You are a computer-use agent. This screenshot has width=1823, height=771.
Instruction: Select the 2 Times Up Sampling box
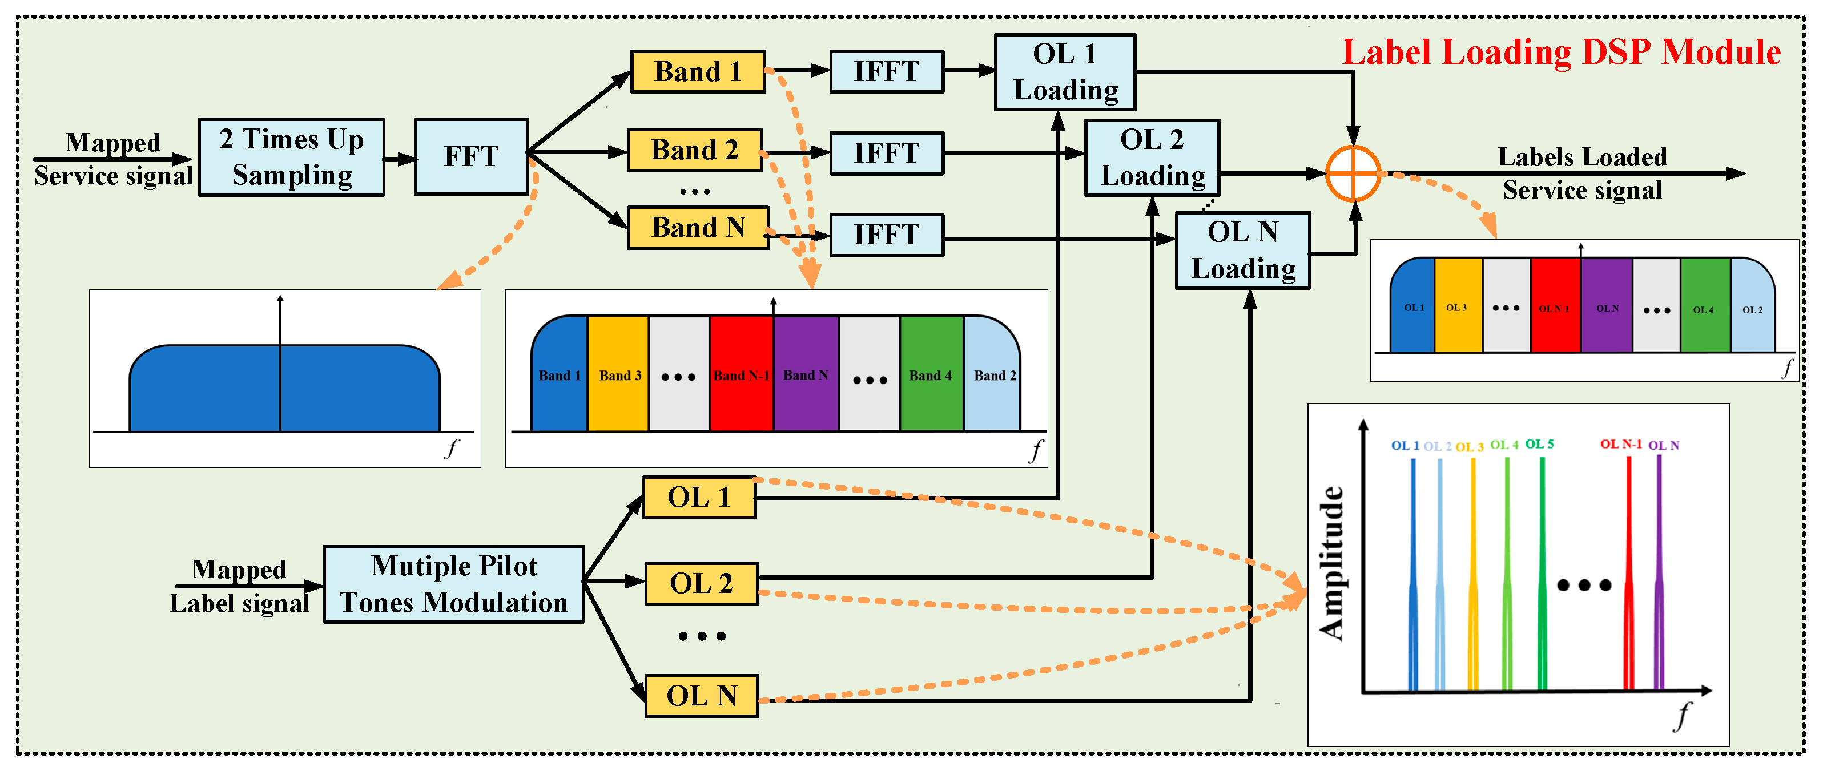(x=292, y=157)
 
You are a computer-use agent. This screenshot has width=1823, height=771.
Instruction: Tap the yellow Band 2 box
(x=694, y=150)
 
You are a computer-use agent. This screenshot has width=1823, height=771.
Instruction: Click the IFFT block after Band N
(x=886, y=235)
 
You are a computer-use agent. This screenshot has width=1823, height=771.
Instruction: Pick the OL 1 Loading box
(x=1064, y=72)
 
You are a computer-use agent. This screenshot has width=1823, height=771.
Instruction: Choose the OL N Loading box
(x=1243, y=251)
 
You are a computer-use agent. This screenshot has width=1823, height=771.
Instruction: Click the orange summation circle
(x=1353, y=174)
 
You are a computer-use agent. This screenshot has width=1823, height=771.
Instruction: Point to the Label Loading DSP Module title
(x=1561, y=53)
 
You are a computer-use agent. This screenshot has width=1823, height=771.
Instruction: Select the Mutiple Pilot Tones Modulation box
(x=454, y=584)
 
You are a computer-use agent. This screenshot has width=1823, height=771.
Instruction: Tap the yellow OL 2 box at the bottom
(x=701, y=584)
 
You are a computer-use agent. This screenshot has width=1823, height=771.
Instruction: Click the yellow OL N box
(x=701, y=696)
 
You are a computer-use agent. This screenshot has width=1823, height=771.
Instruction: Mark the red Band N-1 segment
(x=741, y=375)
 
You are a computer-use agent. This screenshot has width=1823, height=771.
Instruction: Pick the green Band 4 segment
(x=931, y=375)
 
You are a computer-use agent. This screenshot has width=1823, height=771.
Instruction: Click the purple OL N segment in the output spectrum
(x=1607, y=308)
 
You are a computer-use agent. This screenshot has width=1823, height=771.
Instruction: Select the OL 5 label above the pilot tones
(x=1539, y=444)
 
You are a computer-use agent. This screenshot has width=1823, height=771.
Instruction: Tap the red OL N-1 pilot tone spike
(x=1628, y=573)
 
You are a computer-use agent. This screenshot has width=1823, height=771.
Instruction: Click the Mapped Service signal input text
(x=113, y=159)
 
